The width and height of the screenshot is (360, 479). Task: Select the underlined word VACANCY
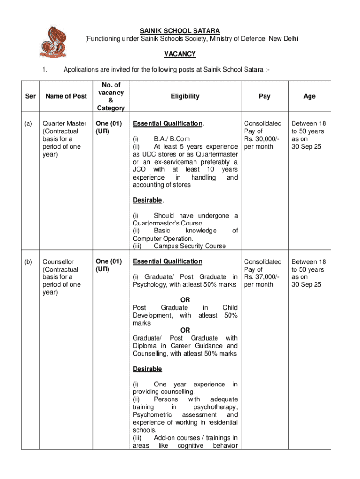pyautogui.click(x=180, y=54)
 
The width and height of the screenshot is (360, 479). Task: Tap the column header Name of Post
pyautogui.click(x=66, y=96)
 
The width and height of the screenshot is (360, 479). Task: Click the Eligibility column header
pyautogui.click(x=185, y=96)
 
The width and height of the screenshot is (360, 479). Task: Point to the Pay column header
pyautogui.click(x=265, y=96)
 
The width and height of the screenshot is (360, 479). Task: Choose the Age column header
pyautogui.click(x=309, y=96)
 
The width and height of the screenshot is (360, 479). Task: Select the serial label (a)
pyautogui.click(x=29, y=123)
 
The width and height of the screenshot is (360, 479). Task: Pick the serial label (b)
pyautogui.click(x=29, y=261)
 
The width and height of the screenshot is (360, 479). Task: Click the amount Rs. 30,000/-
pyautogui.click(x=261, y=139)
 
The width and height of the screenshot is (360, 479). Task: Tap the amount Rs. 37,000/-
pyautogui.click(x=261, y=277)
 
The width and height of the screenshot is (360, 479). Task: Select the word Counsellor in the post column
pyautogui.click(x=58, y=261)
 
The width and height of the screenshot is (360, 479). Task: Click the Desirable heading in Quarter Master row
pyautogui.click(x=148, y=200)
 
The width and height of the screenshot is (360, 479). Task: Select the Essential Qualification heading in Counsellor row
pyautogui.click(x=167, y=261)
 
